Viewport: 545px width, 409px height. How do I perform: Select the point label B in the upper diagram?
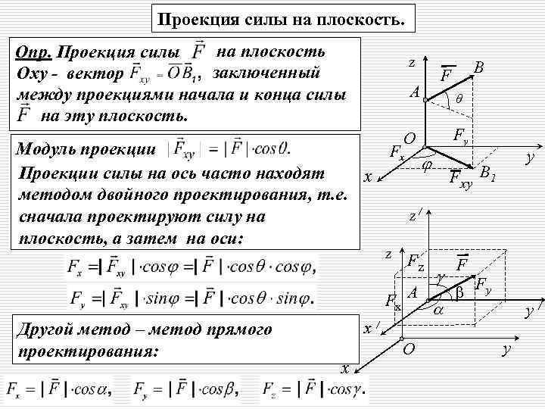click(478, 68)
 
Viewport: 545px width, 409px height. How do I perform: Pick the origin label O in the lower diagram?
click(409, 348)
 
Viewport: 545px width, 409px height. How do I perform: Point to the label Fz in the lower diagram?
click(416, 263)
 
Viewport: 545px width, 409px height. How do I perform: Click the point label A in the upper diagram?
click(414, 93)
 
